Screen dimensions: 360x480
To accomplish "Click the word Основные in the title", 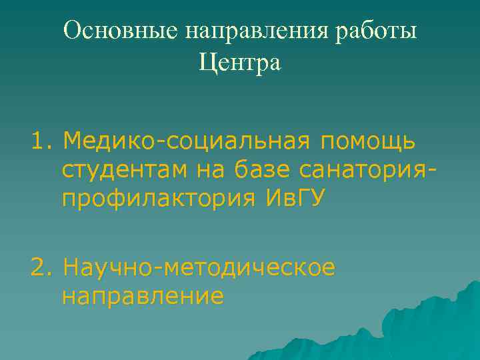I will (x=121, y=31).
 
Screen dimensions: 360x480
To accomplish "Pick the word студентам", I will (x=125, y=171).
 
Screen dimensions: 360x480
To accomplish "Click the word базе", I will (x=262, y=170).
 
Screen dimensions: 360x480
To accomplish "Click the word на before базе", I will (x=211, y=171).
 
